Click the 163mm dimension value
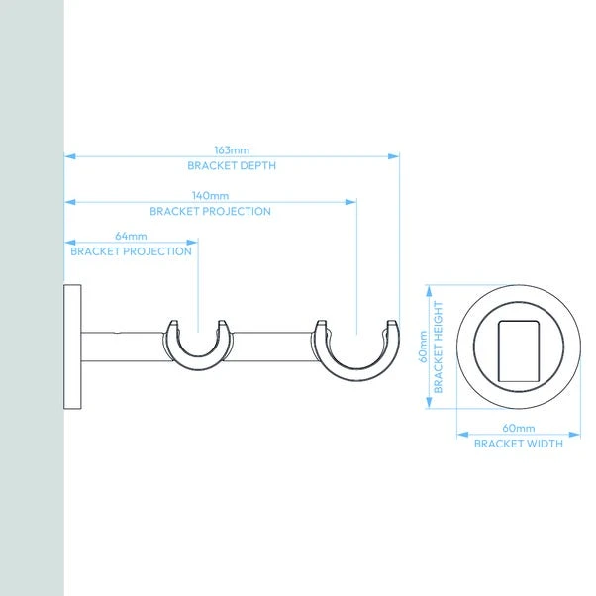click(x=232, y=149)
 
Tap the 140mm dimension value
click(x=210, y=195)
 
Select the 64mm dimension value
click(x=131, y=236)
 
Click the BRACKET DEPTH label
click(x=232, y=166)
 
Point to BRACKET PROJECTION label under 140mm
click(x=210, y=211)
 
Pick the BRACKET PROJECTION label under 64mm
click(x=131, y=251)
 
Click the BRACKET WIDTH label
click(x=518, y=444)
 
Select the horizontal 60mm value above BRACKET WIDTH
click(x=518, y=428)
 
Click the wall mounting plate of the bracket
click(x=72, y=347)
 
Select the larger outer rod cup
click(x=357, y=354)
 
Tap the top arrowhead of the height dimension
click(x=429, y=291)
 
